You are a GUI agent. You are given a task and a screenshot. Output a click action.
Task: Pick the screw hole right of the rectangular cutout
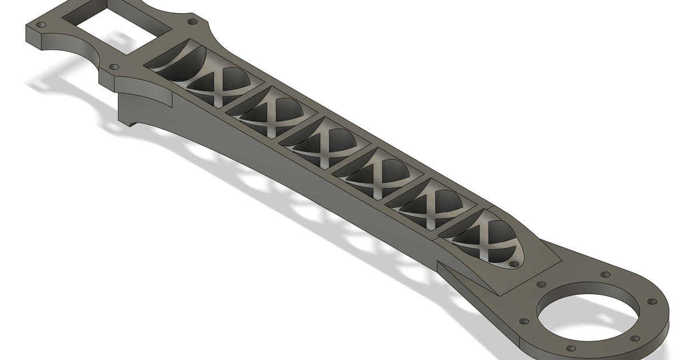click(x=192, y=22)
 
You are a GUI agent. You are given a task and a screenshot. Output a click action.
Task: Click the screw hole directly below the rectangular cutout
click(x=114, y=67)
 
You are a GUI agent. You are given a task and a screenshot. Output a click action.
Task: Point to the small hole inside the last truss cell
click(x=513, y=265)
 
